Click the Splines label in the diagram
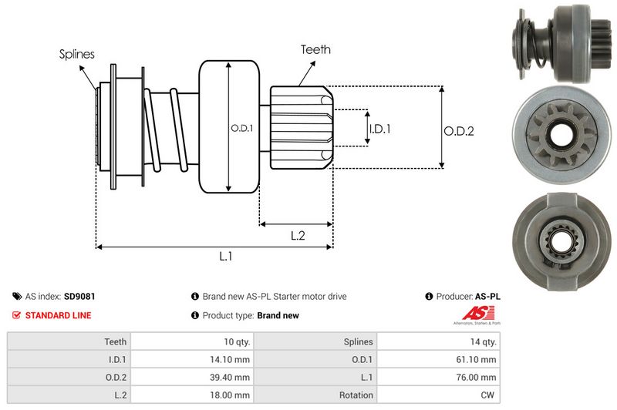(76, 54)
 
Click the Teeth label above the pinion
(315, 49)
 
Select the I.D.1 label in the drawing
(379, 129)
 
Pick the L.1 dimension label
(226, 257)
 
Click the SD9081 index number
(79, 296)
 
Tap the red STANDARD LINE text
(58, 315)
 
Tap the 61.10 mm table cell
(479, 359)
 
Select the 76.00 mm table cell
(479, 377)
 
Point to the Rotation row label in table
(356, 395)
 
